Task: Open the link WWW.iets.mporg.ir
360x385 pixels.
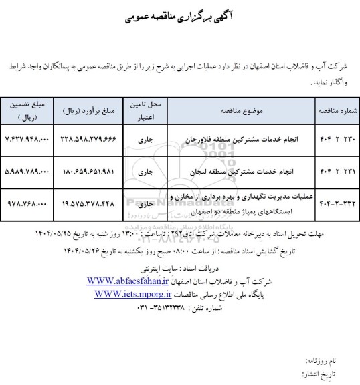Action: pos(134,293)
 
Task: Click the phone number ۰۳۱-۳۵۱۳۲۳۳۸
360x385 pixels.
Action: pos(146,304)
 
